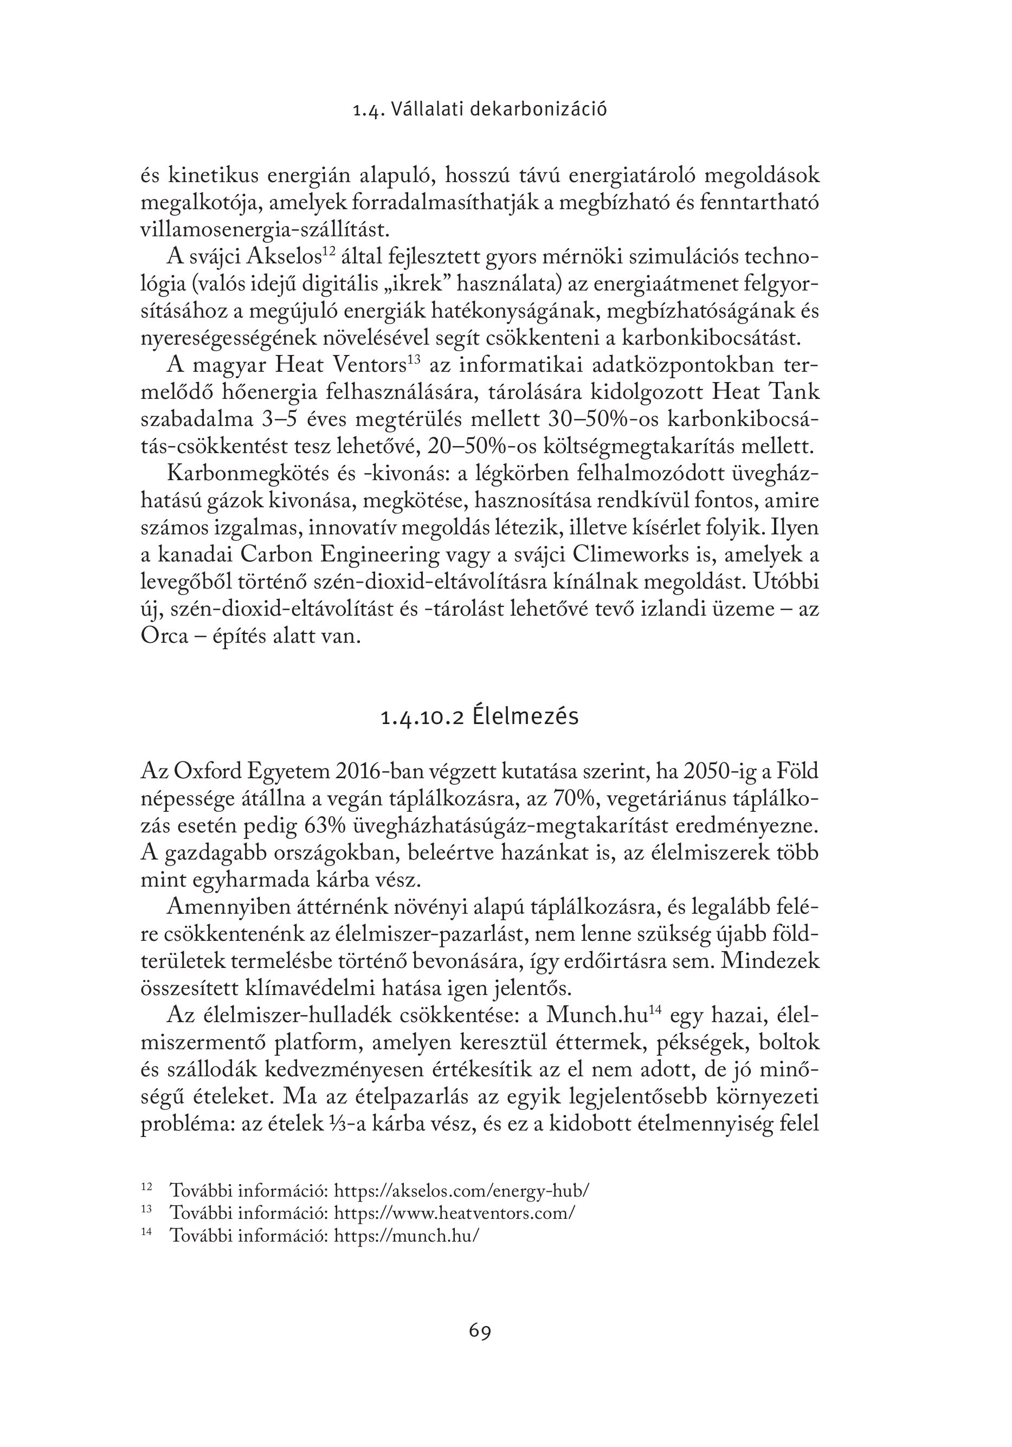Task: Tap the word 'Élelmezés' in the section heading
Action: pos(525,717)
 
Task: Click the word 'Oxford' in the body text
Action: pos(208,771)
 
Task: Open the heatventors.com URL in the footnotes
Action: pos(454,1212)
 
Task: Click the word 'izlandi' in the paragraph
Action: pos(672,610)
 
